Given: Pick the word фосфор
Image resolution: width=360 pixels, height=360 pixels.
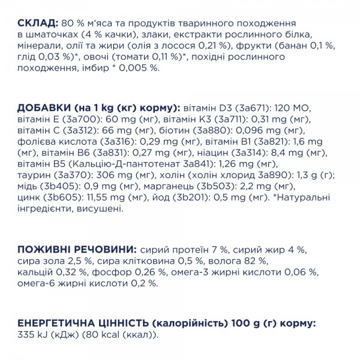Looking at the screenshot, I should [x=108, y=274].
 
